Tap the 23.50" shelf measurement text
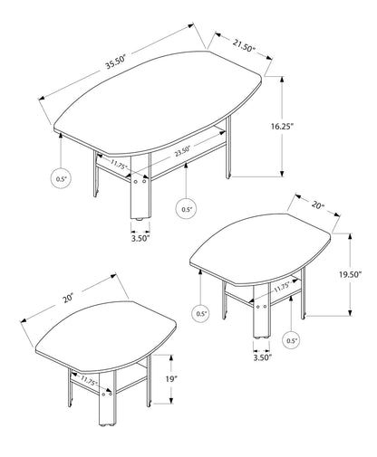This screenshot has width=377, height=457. pos(183,153)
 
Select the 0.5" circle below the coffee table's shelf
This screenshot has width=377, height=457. pos(186,210)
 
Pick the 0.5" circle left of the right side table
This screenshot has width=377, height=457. pos(201,314)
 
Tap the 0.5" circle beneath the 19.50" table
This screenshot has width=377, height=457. pos(291,341)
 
